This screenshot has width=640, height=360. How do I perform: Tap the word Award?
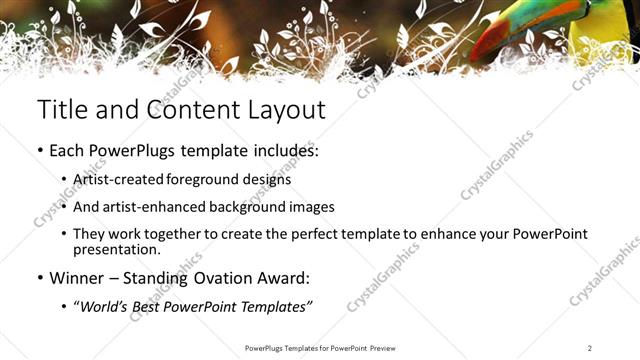[x=293, y=277]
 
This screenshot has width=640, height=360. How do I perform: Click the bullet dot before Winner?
[x=40, y=277]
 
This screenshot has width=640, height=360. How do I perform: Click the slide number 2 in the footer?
[x=590, y=348]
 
